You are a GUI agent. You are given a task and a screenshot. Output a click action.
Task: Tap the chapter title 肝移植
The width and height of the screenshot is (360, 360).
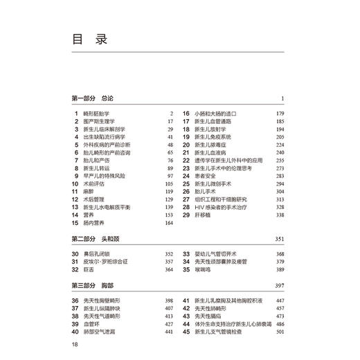205,215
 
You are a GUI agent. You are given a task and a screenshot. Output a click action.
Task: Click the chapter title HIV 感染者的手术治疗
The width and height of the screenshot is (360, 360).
222,207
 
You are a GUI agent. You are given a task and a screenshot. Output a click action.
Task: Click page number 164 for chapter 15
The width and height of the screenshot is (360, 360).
168,224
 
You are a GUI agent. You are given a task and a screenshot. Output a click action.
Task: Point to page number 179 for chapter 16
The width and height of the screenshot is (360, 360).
280,114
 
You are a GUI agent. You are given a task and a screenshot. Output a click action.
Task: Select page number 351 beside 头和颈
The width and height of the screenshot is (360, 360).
279,239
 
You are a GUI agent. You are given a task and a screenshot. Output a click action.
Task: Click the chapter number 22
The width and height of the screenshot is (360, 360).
186,161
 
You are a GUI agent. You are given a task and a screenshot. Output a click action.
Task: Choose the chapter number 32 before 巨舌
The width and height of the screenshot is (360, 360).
75,269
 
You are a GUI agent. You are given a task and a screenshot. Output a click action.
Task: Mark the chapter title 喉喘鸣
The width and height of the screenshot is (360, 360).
205,269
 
